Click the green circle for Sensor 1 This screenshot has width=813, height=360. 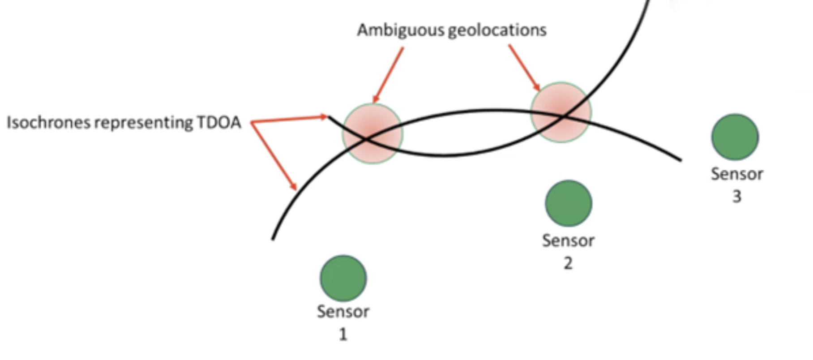(343, 278)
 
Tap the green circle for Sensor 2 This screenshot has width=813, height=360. (569, 203)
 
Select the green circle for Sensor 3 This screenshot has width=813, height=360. (735, 137)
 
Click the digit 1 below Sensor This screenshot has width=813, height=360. (343, 334)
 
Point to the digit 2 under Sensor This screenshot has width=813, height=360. (568, 263)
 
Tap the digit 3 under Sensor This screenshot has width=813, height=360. (736, 196)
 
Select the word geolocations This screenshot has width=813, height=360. (497, 30)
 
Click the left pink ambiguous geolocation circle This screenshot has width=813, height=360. (372, 134)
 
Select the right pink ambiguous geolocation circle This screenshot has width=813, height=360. (561, 112)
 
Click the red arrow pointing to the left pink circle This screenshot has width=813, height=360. (388, 75)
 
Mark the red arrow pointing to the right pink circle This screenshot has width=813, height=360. (524, 67)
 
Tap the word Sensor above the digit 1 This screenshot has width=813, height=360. (343, 312)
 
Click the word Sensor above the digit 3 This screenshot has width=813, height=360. (737, 174)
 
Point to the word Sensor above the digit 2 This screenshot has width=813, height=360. (568, 241)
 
